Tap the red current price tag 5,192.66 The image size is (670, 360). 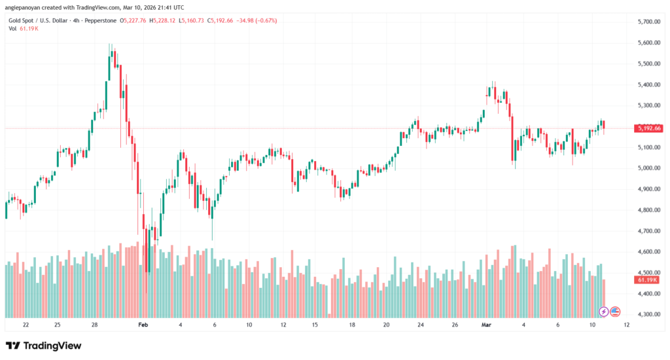(648, 128)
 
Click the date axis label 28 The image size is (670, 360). (94, 325)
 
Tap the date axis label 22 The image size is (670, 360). (26, 325)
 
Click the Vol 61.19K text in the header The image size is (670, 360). (22, 29)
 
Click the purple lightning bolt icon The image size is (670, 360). (604, 311)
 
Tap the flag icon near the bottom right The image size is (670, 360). (615, 311)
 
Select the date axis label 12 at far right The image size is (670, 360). (627, 325)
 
